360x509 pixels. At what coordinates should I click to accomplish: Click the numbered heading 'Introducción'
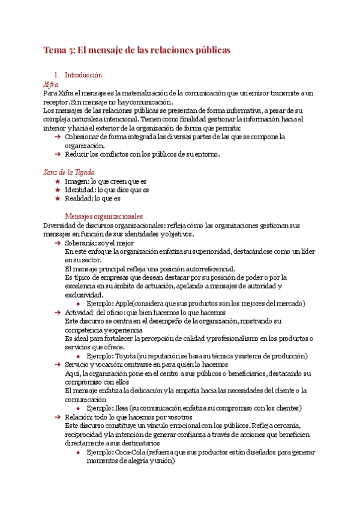[x=83, y=76]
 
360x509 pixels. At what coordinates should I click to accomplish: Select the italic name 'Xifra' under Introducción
[x=52, y=85]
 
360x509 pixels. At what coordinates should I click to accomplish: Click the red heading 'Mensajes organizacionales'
[x=104, y=216]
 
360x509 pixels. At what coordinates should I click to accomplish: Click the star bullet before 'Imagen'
[x=58, y=181]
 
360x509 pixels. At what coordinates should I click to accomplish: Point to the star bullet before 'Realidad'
[x=58, y=199]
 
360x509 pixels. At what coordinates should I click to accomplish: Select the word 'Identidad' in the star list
[x=80, y=190]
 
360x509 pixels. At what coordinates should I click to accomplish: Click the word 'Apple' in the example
[x=125, y=304]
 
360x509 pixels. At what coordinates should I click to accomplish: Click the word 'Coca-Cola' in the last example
[x=131, y=452]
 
